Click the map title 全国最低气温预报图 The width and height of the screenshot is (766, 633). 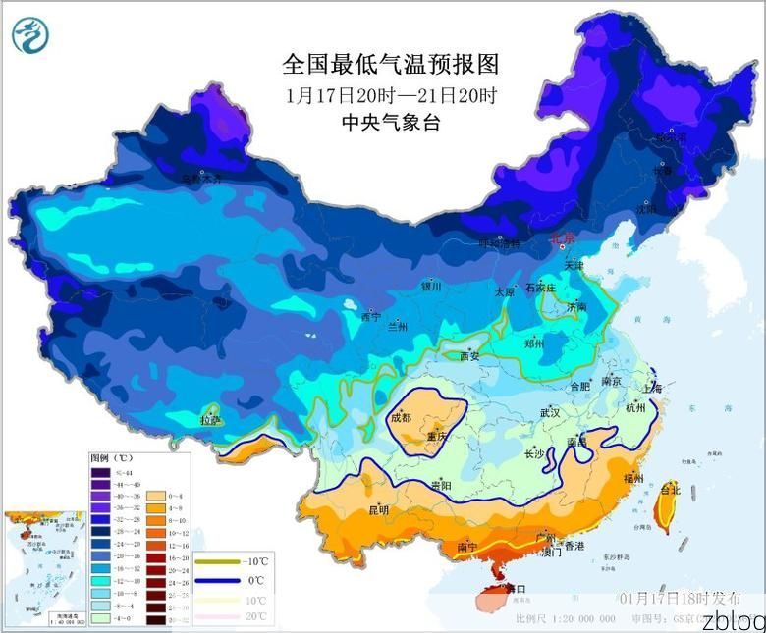(391, 65)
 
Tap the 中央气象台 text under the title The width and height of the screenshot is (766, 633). (390, 122)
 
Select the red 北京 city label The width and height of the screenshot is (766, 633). (562, 237)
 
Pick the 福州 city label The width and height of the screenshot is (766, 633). (634, 479)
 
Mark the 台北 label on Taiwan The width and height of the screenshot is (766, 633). (670, 488)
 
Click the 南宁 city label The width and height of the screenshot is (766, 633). (467, 547)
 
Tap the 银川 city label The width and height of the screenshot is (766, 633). (431, 287)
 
